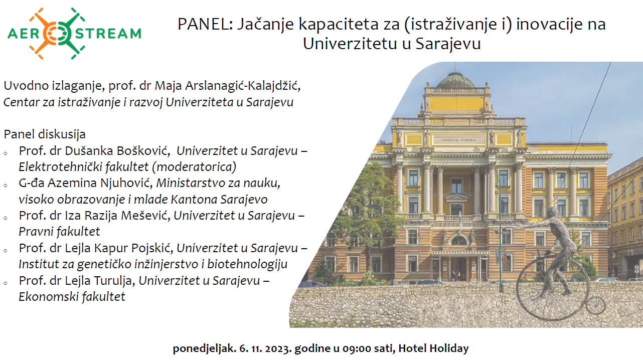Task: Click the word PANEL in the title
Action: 205,24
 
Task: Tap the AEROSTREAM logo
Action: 74,34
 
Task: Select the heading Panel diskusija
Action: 45,134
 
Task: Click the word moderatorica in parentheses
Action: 194,167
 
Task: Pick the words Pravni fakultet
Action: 59,232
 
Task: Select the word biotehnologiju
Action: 247,264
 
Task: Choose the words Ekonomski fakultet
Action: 72,297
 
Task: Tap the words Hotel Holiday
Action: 433,348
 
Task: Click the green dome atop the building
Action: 455,81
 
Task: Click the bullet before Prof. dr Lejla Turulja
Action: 6,283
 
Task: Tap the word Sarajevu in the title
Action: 448,44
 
